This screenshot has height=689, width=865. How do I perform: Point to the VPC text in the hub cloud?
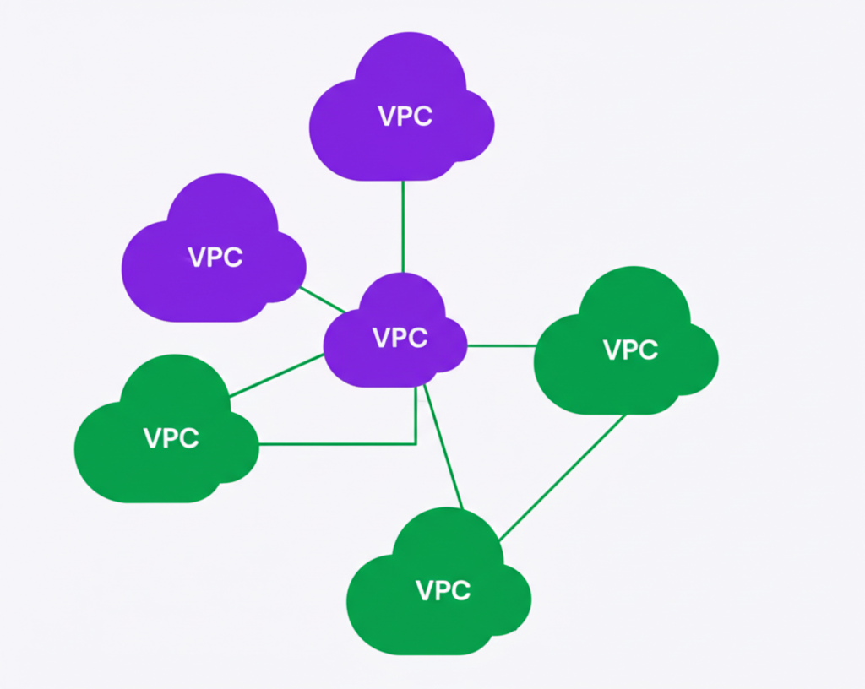400,338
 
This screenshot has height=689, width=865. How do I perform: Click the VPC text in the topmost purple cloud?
405,117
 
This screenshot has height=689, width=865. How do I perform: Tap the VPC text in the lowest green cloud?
443,591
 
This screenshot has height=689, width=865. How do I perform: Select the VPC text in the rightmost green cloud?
631,350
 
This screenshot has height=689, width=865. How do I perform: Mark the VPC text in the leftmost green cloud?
171,438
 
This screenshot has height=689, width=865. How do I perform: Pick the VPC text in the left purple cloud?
215,257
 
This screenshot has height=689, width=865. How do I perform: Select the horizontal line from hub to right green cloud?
501,345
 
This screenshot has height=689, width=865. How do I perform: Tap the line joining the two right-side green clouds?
562,477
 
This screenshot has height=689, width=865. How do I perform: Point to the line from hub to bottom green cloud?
443,448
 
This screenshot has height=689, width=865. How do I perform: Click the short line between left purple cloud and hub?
323,299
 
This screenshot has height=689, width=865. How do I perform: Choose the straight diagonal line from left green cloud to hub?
277,375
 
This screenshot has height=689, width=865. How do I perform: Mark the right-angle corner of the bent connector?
416,443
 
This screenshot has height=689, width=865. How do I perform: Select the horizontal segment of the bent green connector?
338,443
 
